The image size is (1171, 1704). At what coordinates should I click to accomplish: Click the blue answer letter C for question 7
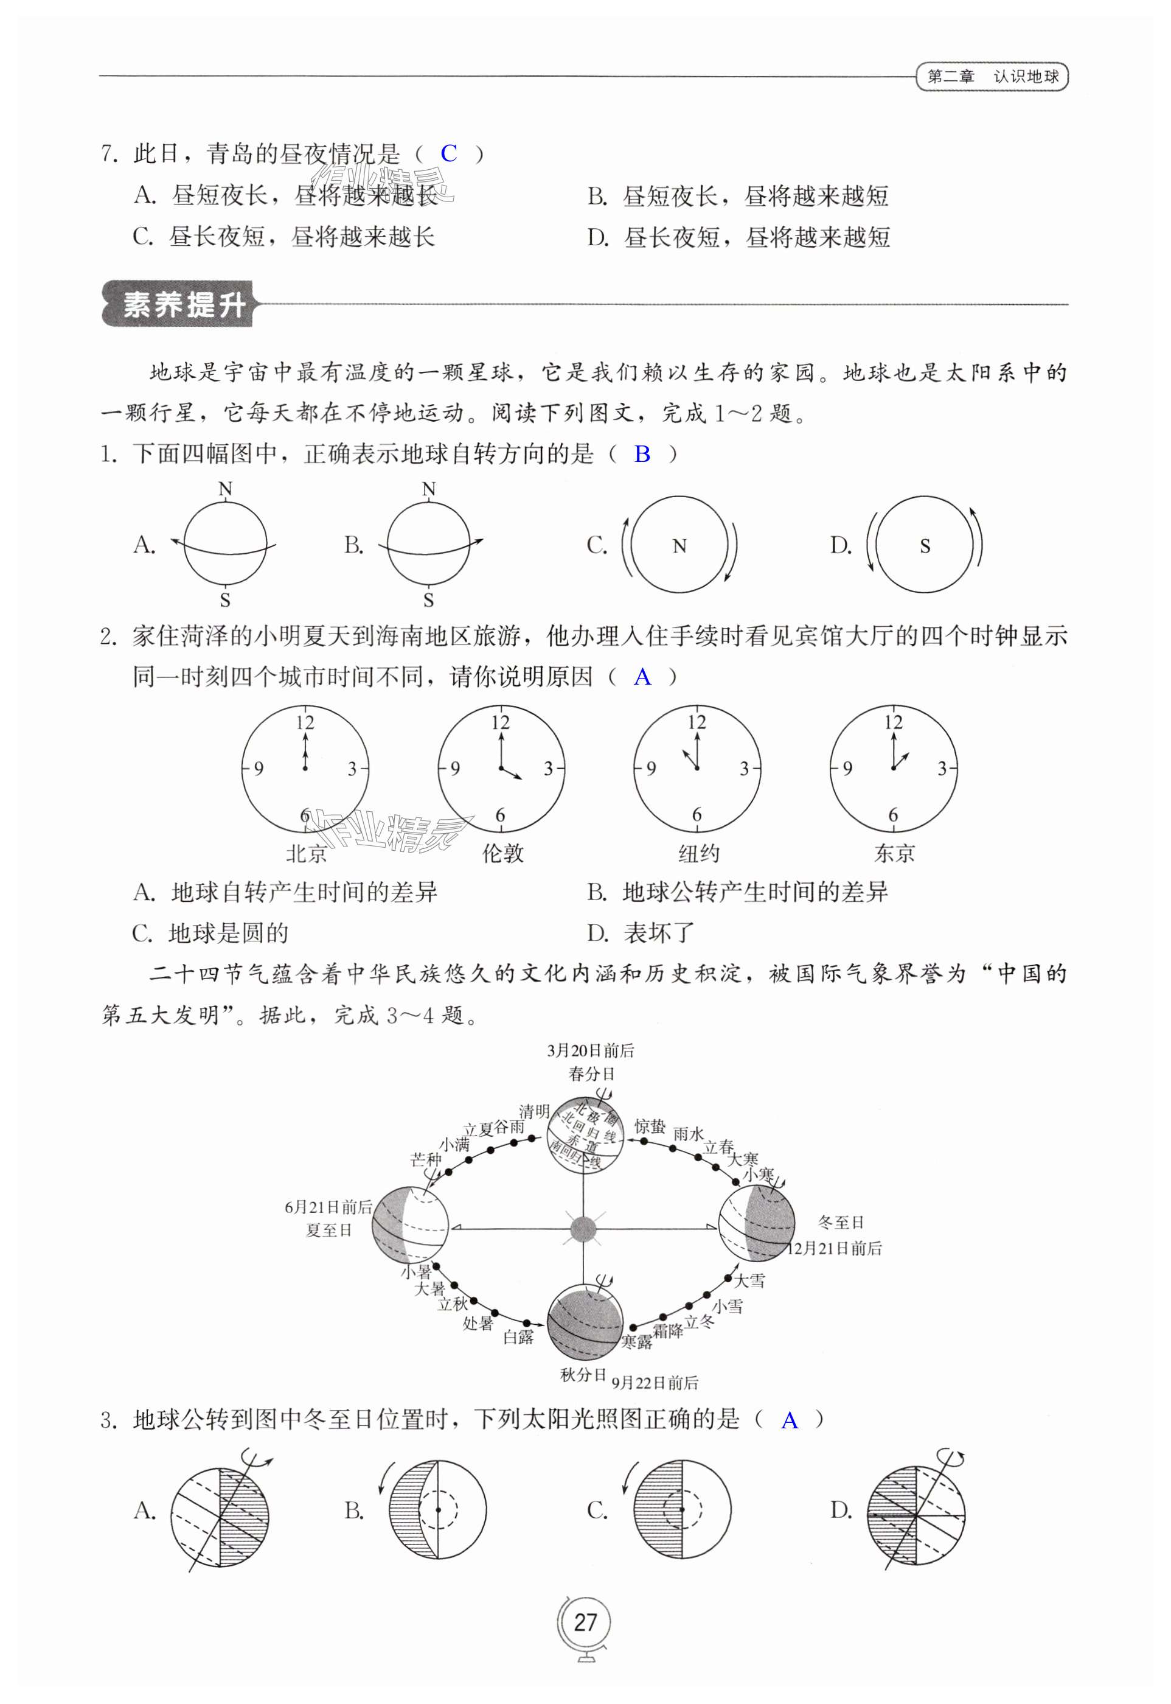(448, 153)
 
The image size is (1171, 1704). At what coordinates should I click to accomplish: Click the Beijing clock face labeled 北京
(305, 769)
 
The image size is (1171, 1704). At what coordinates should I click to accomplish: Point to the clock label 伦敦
(502, 853)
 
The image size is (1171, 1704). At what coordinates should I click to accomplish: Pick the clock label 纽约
(698, 853)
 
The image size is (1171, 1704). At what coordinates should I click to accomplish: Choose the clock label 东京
(894, 853)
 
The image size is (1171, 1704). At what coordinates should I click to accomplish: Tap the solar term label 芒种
(426, 1159)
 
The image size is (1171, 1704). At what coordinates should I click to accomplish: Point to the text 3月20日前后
(591, 1051)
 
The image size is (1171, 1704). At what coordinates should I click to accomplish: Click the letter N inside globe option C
(679, 546)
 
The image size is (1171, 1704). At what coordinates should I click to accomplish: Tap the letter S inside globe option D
(925, 546)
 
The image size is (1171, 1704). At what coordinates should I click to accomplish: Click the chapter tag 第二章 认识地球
(992, 76)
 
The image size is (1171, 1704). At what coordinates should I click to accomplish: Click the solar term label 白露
(518, 1336)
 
